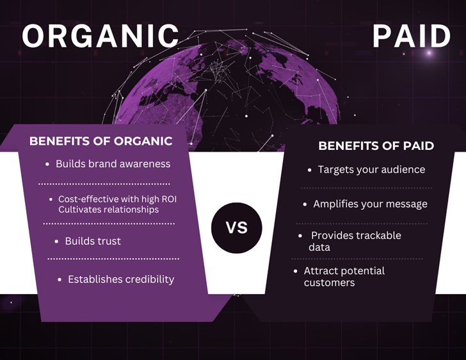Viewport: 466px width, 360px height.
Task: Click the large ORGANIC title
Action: pos(100,36)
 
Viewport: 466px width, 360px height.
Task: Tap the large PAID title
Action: pos(412,36)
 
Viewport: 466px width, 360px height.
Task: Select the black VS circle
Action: pos(237,228)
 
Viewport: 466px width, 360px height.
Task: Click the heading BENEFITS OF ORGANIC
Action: pos(100,141)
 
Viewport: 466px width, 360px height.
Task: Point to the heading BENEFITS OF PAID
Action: pos(376,146)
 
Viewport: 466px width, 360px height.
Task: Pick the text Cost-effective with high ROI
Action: pos(117,199)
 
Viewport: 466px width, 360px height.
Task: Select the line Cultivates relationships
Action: pos(108,209)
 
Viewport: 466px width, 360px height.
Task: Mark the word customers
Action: pos(329,282)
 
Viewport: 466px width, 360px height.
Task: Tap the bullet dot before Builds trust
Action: pos(56,241)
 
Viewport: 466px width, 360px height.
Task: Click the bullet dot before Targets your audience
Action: pos(310,170)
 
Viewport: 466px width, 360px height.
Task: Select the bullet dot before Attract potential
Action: pos(296,271)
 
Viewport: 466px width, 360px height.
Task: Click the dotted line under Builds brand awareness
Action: pos(104,184)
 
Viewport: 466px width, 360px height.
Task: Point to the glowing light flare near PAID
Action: pos(429,53)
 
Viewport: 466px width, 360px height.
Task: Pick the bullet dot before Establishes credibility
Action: pos(60,280)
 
